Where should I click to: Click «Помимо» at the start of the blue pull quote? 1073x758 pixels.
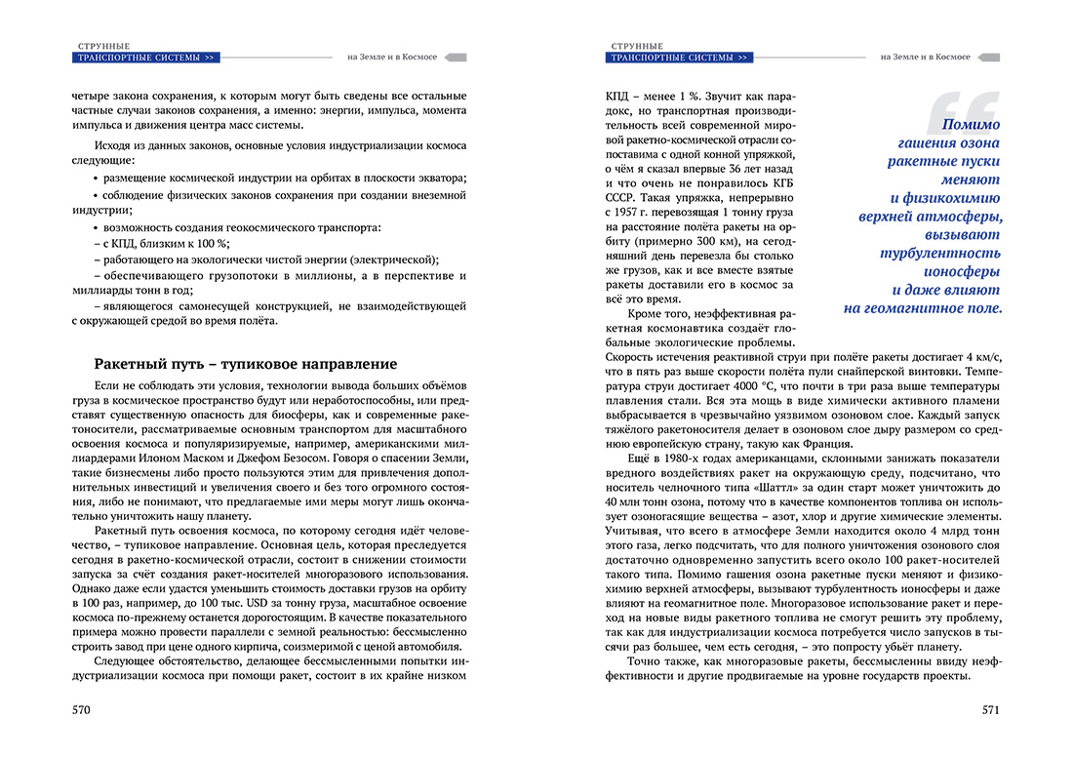click(972, 124)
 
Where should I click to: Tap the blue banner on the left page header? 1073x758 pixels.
click(146, 58)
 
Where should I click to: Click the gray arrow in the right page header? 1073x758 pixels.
click(989, 58)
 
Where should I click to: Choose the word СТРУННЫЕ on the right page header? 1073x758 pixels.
click(637, 46)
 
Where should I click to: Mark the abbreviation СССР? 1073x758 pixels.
click(620, 197)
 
